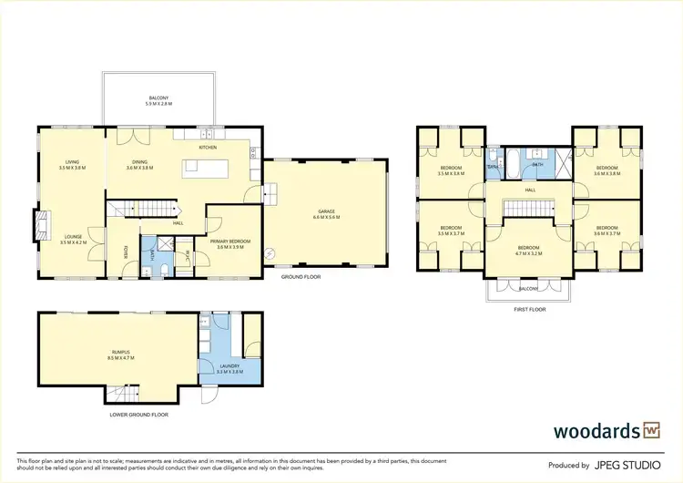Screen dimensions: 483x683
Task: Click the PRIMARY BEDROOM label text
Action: (231, 241)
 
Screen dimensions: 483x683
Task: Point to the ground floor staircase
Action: (128, 211)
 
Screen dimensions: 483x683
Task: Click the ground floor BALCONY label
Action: (158, 98)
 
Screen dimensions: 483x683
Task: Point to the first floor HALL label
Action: (529, 190)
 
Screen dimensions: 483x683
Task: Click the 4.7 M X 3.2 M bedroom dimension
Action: (529, 252)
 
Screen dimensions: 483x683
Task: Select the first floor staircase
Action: (529, 210)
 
